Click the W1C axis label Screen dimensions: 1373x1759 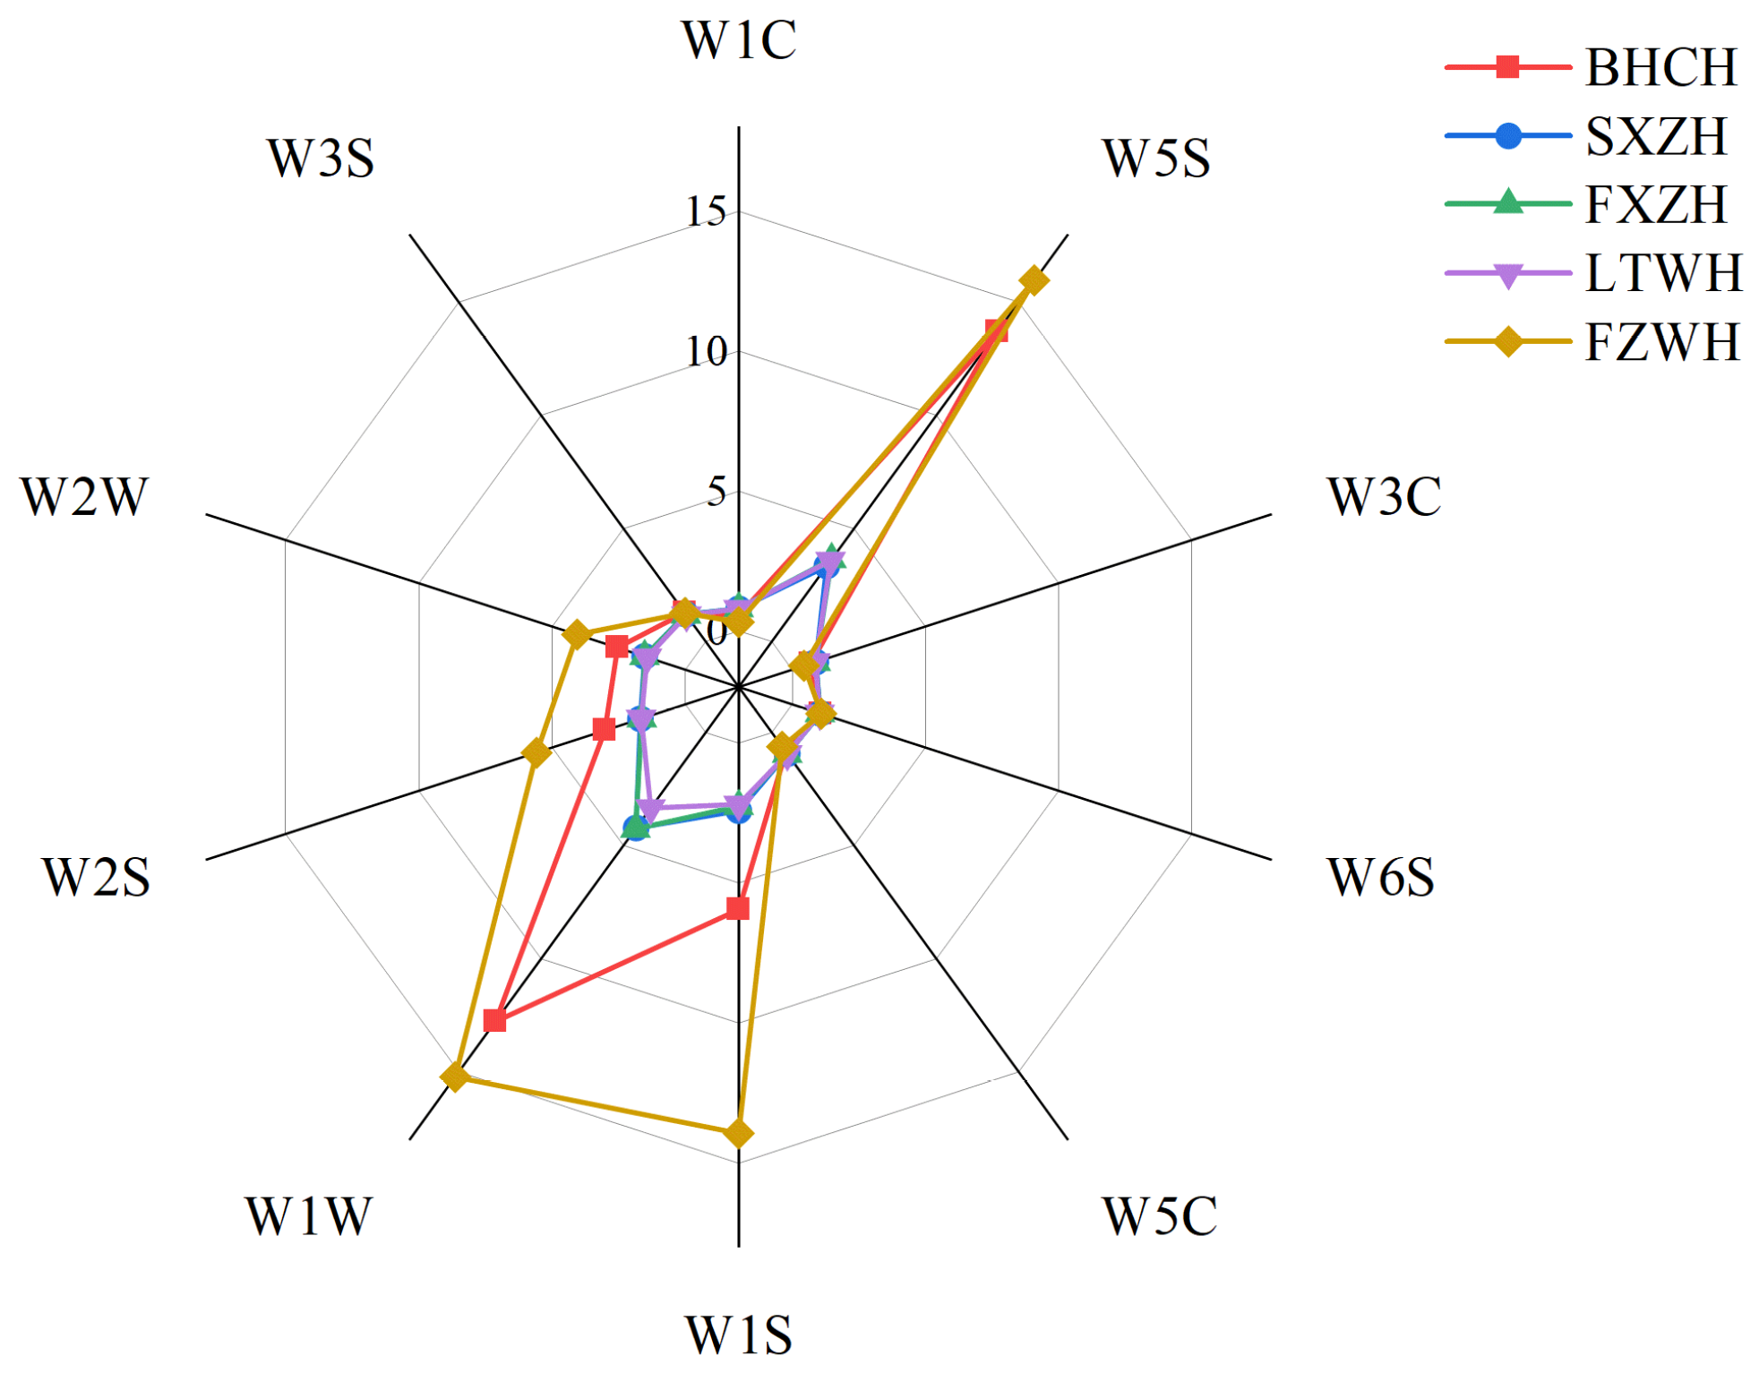coord(738,41)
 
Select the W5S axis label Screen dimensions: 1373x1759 coord(1155,159)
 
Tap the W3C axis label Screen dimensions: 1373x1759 coord(1383,497)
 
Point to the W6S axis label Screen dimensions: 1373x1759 coord(1379,877)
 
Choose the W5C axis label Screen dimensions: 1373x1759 coord(1159,1216)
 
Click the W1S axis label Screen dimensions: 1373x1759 coord(738,1335)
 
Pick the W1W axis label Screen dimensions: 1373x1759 coord(308,1216)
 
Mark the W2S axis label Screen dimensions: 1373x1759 coord(96,877)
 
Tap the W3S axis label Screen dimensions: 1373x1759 coord(320,159)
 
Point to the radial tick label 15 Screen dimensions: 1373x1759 coord(706,212)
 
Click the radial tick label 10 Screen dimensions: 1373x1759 coord(706,352)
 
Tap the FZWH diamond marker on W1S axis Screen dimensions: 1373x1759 coord(738,1133)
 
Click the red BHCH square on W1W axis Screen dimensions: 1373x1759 coord(493,1021)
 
